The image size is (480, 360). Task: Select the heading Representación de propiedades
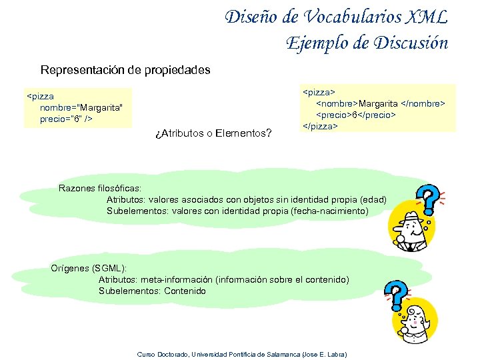point(125,69)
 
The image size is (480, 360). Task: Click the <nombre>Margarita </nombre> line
point(380,103)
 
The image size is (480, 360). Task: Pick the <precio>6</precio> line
point(356,114)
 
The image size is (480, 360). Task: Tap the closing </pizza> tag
point(321,125)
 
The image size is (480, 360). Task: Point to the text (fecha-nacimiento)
point(329,211)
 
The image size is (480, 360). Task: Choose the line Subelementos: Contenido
point(152,291)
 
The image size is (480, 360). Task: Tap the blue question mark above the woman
point(397,292)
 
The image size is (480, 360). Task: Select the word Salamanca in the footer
point(283,353)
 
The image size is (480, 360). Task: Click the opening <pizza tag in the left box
point(40,96)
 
